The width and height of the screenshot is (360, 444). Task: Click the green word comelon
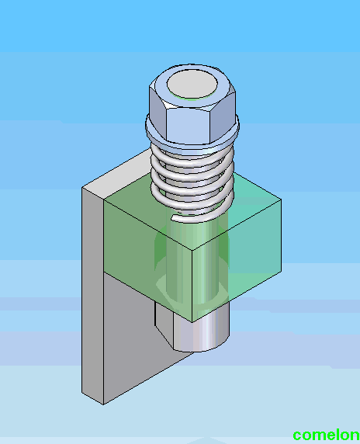326,435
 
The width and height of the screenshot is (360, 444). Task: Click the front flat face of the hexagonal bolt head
191,124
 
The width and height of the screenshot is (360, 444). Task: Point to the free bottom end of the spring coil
176,220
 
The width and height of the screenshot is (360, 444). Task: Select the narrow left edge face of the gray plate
91,295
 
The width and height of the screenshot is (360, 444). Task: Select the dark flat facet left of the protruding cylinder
162,326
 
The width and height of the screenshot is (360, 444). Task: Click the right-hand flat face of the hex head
227,114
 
